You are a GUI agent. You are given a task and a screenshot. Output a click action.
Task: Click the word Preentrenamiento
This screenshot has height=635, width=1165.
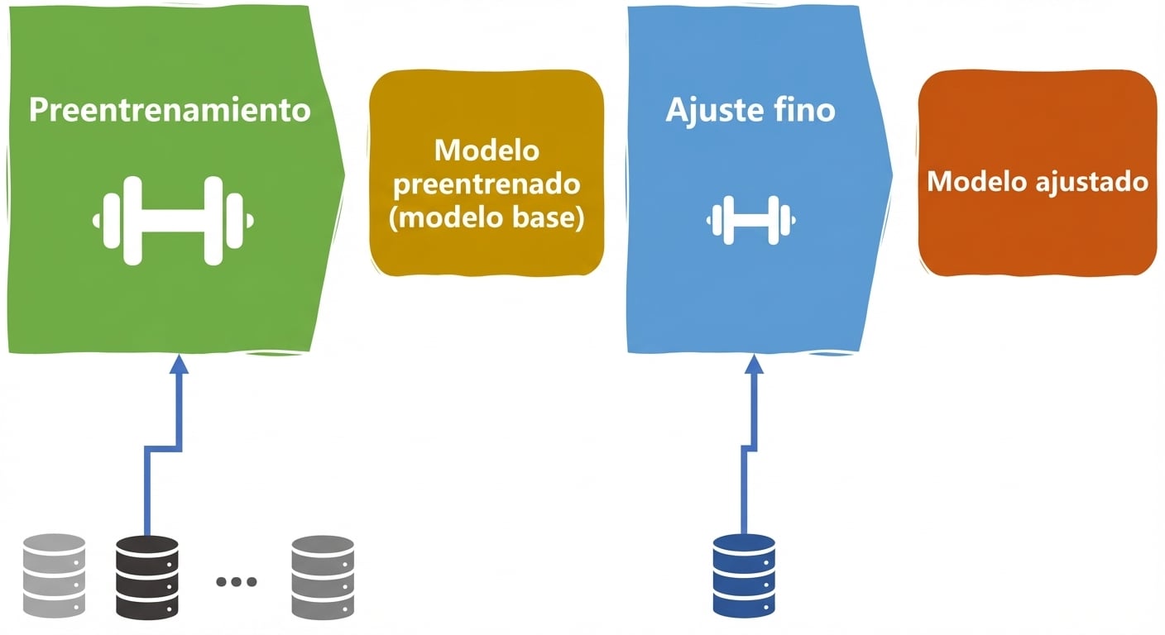pyautogui.click(x=170, y=110)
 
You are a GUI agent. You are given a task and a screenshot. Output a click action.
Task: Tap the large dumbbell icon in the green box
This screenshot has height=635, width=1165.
pyautogui.click(x=173, y=221)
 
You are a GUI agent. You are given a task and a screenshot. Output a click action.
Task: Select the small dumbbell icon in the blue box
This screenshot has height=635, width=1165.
pyautogui.click(x=751, y=220)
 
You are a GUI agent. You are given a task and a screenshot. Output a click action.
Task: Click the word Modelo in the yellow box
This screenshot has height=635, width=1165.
pyautogui.click(x=487, y=150)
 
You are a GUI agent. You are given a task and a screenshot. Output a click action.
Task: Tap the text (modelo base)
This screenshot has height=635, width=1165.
pyautogui.click(x=487, y=217)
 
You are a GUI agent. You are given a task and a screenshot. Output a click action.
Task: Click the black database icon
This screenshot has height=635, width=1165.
pyautogui.click(x=147, y=578)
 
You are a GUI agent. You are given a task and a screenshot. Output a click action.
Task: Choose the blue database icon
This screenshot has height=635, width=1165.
pyautogui.click(x=744, y=576)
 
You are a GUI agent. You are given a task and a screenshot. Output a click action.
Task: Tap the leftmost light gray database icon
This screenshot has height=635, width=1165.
pyautogui.click(x=54, y=575)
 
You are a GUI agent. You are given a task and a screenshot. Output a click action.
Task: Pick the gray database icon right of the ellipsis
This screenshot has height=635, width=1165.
pyautogui.click(x=323, y=577)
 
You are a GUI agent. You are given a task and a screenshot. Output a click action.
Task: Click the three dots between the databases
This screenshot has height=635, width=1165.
pyautogui.click(x=236, y=581)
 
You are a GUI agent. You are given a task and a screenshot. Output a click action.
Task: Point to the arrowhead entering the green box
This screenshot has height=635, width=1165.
pyautogui.click(x=179, y=364)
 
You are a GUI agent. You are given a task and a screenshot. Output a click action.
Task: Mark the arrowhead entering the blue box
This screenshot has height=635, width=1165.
pyautogui.click(x=754, y=364)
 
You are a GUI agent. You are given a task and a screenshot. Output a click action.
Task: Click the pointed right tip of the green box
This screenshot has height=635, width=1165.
pyautogui.click(x=344, y=175)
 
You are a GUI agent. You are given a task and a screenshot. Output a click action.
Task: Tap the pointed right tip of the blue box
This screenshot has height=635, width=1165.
pyautogui.click(x=893, y=175)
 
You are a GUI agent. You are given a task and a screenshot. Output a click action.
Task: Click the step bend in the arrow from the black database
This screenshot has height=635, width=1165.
pyautogui.click(x=164, y=449)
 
